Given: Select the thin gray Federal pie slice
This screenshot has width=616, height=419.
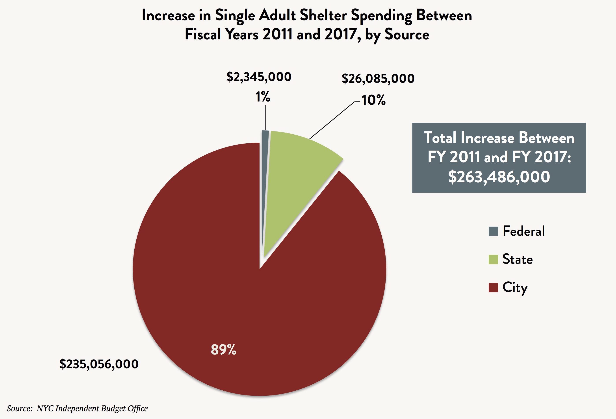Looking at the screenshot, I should coord(265,159).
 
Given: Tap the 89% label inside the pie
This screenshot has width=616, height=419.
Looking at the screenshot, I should coord(223,350).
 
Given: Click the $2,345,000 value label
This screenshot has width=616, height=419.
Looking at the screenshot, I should coord(259,77).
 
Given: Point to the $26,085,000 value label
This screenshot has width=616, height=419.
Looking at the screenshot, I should coord(378,79).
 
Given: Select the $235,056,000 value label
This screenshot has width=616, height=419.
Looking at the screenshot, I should coord(99,364).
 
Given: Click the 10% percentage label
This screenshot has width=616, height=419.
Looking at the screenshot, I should coord(373,100).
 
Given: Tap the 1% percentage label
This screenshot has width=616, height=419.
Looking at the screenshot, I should coord(263,97).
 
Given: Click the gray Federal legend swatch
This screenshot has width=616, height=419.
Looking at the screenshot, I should coord(493,231).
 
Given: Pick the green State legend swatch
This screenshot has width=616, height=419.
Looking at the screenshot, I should coord(493,259).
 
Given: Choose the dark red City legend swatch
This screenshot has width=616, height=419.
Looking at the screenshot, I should coord(493,288).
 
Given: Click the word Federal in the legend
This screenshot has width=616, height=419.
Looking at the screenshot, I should coord(523,231).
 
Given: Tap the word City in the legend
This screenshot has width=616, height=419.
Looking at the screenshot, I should coord(515,288).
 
